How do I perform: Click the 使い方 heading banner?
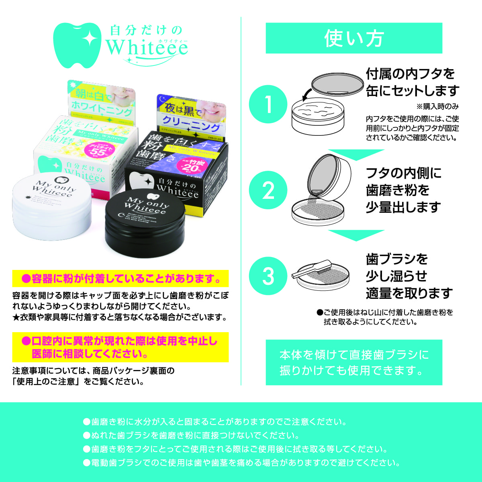(x=354, y=38)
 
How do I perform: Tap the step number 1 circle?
(x=268, y=104)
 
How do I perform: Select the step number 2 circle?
(x=268, y=190)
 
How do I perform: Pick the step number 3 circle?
(x=268, y=276)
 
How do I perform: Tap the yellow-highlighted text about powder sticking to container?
(x=120, y=278)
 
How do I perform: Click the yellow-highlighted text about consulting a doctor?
(x=120, y=347)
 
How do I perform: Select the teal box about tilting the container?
(x=354, y=362)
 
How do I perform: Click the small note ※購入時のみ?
(x=437, y=107)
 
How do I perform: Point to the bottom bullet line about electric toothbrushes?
(x=241, y=463)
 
